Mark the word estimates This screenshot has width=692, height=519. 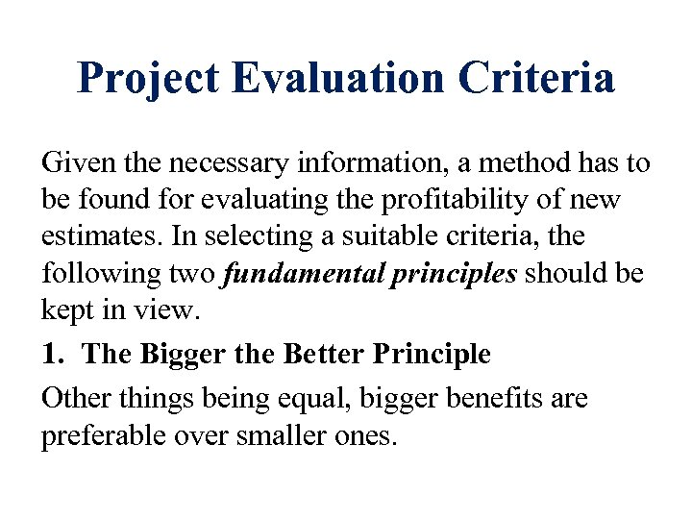pyautogui.click(x=91, y=236)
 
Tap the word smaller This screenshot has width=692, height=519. pyautogui.click(x=279, y=436)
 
